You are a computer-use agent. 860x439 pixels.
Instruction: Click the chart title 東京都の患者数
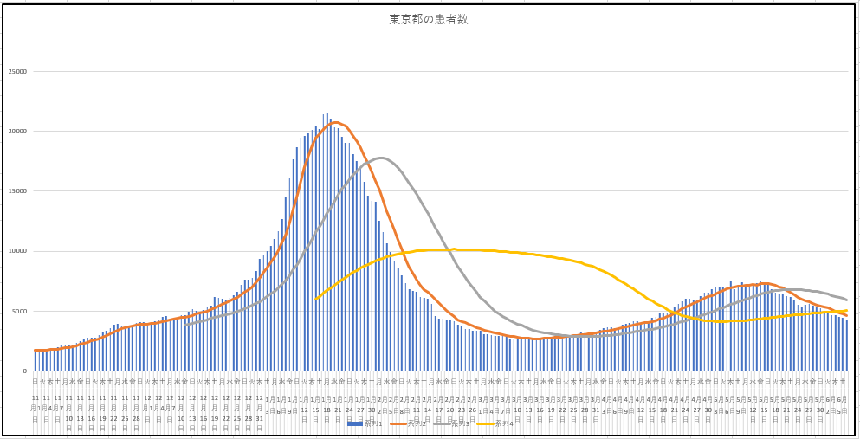428,19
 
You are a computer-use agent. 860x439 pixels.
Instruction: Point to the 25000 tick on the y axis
16,72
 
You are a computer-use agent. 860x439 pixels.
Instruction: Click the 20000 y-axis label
16,132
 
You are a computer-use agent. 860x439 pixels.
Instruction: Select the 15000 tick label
16,191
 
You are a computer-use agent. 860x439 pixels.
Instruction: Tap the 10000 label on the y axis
16,251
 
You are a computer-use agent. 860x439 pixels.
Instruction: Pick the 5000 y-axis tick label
18,311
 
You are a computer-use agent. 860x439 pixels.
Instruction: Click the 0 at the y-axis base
25,371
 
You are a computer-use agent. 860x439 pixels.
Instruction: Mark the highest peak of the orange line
336,122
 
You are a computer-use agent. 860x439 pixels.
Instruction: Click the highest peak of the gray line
382,158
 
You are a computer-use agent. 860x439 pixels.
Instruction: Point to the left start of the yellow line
316,299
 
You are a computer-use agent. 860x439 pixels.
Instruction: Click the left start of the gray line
185,325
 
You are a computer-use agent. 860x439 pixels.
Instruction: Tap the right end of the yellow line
847,311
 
